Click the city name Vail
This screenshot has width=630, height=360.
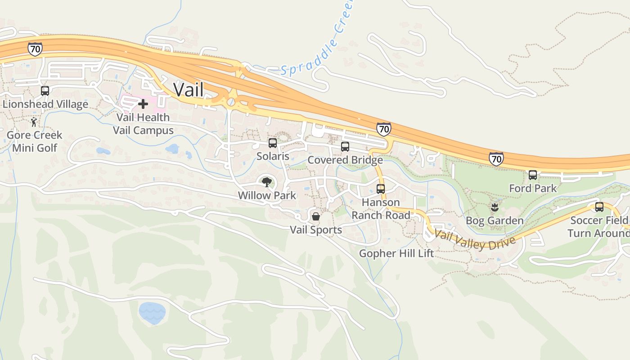(189, 89)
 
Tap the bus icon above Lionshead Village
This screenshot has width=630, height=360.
(45, 90)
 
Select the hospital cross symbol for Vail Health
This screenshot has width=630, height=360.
(143, 104)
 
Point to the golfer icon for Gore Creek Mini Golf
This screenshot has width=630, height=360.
(34, 121)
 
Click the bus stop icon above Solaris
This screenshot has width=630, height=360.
(273, 143)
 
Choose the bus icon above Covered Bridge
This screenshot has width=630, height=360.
(345, 146)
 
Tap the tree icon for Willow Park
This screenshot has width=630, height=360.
(267, 182)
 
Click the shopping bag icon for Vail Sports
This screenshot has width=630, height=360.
(316, 216)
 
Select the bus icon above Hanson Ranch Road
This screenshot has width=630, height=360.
(381, 189)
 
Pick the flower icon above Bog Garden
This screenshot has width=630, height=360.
(495, 207)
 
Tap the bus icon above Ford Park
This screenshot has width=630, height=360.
(533, 175)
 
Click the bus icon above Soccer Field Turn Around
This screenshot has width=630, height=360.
(599, 207)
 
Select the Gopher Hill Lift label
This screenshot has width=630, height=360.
(396, 253)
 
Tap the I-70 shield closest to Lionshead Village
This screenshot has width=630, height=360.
(35, 49)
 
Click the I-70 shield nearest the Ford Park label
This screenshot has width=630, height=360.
(496, 159)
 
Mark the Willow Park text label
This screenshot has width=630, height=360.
(267, 195)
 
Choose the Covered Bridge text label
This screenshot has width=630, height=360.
(345, 160)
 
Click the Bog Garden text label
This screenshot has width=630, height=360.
(495, 220)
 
